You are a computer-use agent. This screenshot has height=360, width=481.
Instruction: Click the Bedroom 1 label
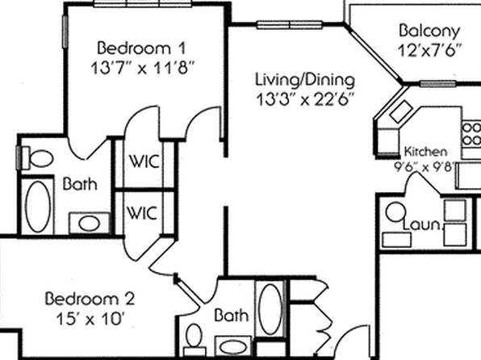141,48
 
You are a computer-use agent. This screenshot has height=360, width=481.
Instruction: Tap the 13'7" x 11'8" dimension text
143,68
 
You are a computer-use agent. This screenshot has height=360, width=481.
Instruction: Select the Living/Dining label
305,79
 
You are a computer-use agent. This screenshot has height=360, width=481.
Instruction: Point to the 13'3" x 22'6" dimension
305,99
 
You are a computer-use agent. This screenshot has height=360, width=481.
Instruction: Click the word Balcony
429,31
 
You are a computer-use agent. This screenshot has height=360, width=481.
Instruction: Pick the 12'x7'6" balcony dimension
429,51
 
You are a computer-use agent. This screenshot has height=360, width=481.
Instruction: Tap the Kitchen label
425,151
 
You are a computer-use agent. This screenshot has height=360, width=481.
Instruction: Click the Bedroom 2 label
90,299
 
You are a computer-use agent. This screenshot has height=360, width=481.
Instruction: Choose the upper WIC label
144,161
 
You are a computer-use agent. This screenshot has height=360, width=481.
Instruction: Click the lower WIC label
142,212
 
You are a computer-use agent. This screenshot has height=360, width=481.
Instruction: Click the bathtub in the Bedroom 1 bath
38,207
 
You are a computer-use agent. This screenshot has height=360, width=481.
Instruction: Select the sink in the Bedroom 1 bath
90,223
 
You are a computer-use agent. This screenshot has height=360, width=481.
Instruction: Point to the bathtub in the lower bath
270,309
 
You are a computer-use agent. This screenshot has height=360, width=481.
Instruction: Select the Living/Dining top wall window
289,24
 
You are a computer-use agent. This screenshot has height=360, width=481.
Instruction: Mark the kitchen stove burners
471,134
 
